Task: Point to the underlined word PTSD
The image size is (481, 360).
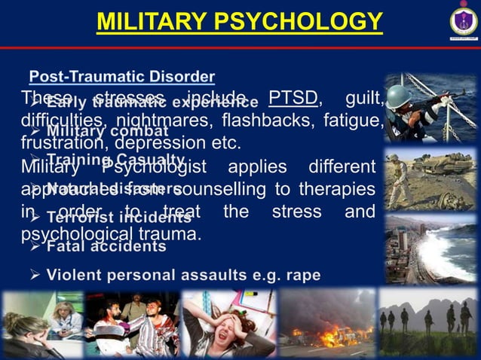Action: point(286,99)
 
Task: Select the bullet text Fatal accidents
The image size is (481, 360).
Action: point(106,246)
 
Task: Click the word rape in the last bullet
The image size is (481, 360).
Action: point(303,275)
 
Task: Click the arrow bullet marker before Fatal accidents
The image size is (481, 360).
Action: point(35,246)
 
